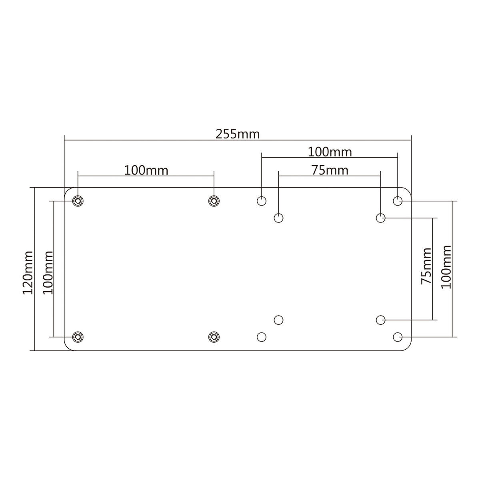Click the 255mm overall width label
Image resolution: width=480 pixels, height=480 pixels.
[238, 134]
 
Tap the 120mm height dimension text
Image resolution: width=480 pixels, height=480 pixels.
[28, 272]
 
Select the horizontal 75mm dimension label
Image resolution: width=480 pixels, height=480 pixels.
[330, 170]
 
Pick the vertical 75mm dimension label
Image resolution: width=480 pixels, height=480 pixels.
[426, 266]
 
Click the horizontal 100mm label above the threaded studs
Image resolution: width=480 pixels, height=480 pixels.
[146, 170]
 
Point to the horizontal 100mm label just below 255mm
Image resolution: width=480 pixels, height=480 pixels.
[330, 152]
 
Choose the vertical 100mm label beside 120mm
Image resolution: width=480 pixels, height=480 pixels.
[48, 272]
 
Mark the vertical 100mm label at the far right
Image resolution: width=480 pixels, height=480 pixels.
[445, 266]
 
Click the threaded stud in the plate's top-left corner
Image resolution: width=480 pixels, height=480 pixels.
[78, 200]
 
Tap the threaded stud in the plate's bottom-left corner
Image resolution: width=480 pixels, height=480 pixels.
[78, 337]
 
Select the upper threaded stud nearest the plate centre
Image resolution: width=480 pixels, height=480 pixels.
[214, 200]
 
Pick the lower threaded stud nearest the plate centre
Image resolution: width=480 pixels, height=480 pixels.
[214, 337]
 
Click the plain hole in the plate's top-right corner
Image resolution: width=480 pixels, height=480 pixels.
[398, 200]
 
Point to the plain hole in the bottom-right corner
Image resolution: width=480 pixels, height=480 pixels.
[398, 337]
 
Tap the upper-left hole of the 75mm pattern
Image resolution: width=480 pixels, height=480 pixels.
[279, 218]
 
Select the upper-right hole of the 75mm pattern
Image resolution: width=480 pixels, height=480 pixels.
[381, 218]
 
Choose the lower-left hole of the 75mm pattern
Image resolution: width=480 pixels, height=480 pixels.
[279, 320]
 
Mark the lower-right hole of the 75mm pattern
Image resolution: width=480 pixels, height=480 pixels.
[381, 320]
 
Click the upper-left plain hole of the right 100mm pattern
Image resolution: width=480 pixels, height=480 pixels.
[262, 200]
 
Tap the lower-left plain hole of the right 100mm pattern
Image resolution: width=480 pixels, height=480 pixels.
[262, 337]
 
